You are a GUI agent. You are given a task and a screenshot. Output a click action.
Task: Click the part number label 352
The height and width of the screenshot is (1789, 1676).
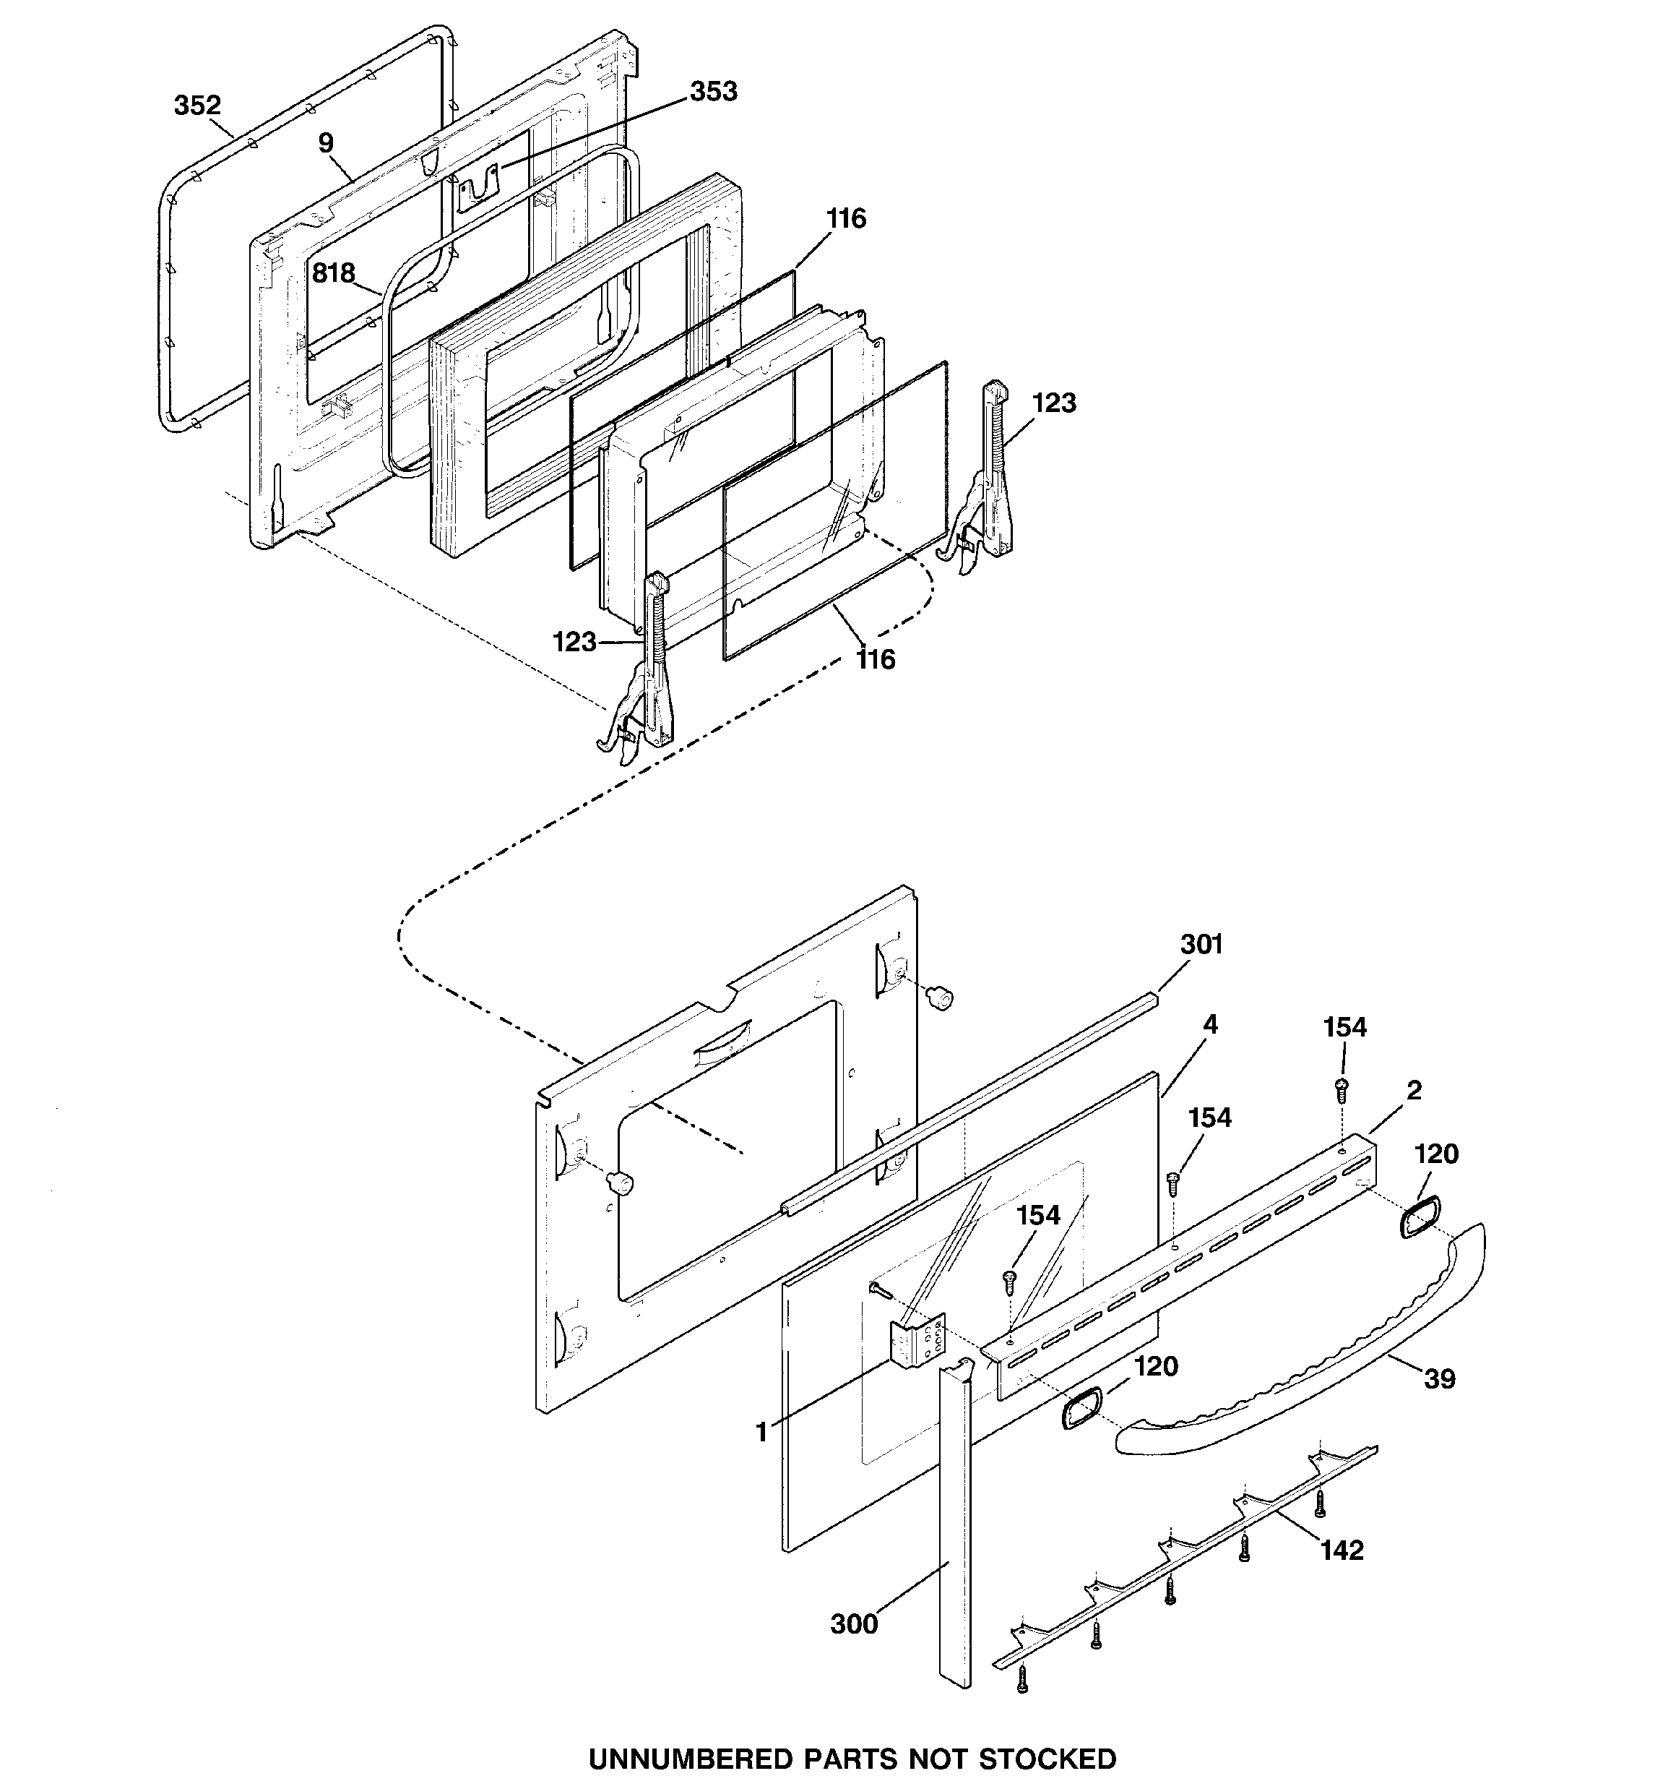(197, 106)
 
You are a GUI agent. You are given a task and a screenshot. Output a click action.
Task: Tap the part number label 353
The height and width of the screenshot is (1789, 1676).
(714, 92)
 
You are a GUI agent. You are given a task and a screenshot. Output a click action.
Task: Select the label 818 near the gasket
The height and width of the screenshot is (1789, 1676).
(334, 273)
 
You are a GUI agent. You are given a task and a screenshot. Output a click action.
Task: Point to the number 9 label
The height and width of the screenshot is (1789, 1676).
(326, 143)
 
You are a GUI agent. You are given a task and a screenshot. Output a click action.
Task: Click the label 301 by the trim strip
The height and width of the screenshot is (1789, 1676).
(1201, 944)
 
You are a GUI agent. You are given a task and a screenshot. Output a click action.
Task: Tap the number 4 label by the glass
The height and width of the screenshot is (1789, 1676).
(1211, 1024)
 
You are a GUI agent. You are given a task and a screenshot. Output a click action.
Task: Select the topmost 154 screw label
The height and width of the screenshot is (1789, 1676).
(1345, 1027)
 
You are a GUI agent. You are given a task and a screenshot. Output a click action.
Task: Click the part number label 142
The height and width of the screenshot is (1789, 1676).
(1342, 1550)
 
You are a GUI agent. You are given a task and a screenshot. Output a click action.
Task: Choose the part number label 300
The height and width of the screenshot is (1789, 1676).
(853, 1623)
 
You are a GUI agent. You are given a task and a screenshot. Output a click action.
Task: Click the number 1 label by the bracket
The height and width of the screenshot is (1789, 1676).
(761, 1432)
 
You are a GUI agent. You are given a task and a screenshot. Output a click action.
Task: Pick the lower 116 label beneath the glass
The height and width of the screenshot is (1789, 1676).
(876, 660)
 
